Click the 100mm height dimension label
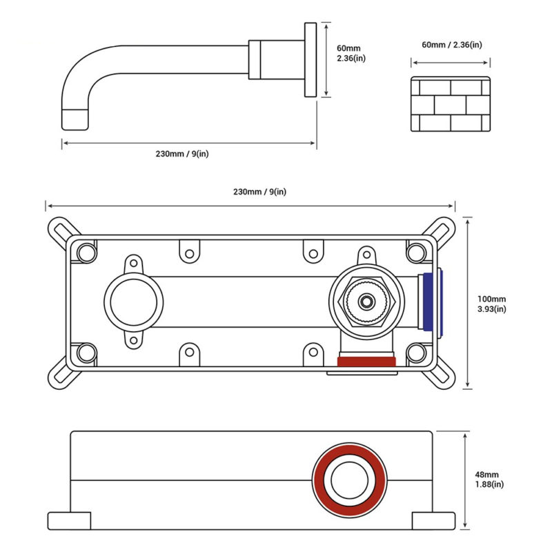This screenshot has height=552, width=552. click(x=492, y=304)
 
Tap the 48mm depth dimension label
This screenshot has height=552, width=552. click(x=489, y=480)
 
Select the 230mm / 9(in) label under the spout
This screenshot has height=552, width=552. click(x=181, y=153)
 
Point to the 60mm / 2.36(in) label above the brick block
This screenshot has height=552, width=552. click(x=451, y=44)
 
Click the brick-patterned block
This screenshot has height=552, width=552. click(x=451, y=104)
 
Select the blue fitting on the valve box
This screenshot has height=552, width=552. click(x=433, y=304)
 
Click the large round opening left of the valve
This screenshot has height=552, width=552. click(x=134, y=302)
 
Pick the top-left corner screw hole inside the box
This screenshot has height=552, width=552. click(x=86, y=253)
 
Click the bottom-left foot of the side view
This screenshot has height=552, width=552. click(x=69, y=521)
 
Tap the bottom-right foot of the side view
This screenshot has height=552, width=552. click(x=433, y=521)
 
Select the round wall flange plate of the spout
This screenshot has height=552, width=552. click(x=309, y=60)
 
